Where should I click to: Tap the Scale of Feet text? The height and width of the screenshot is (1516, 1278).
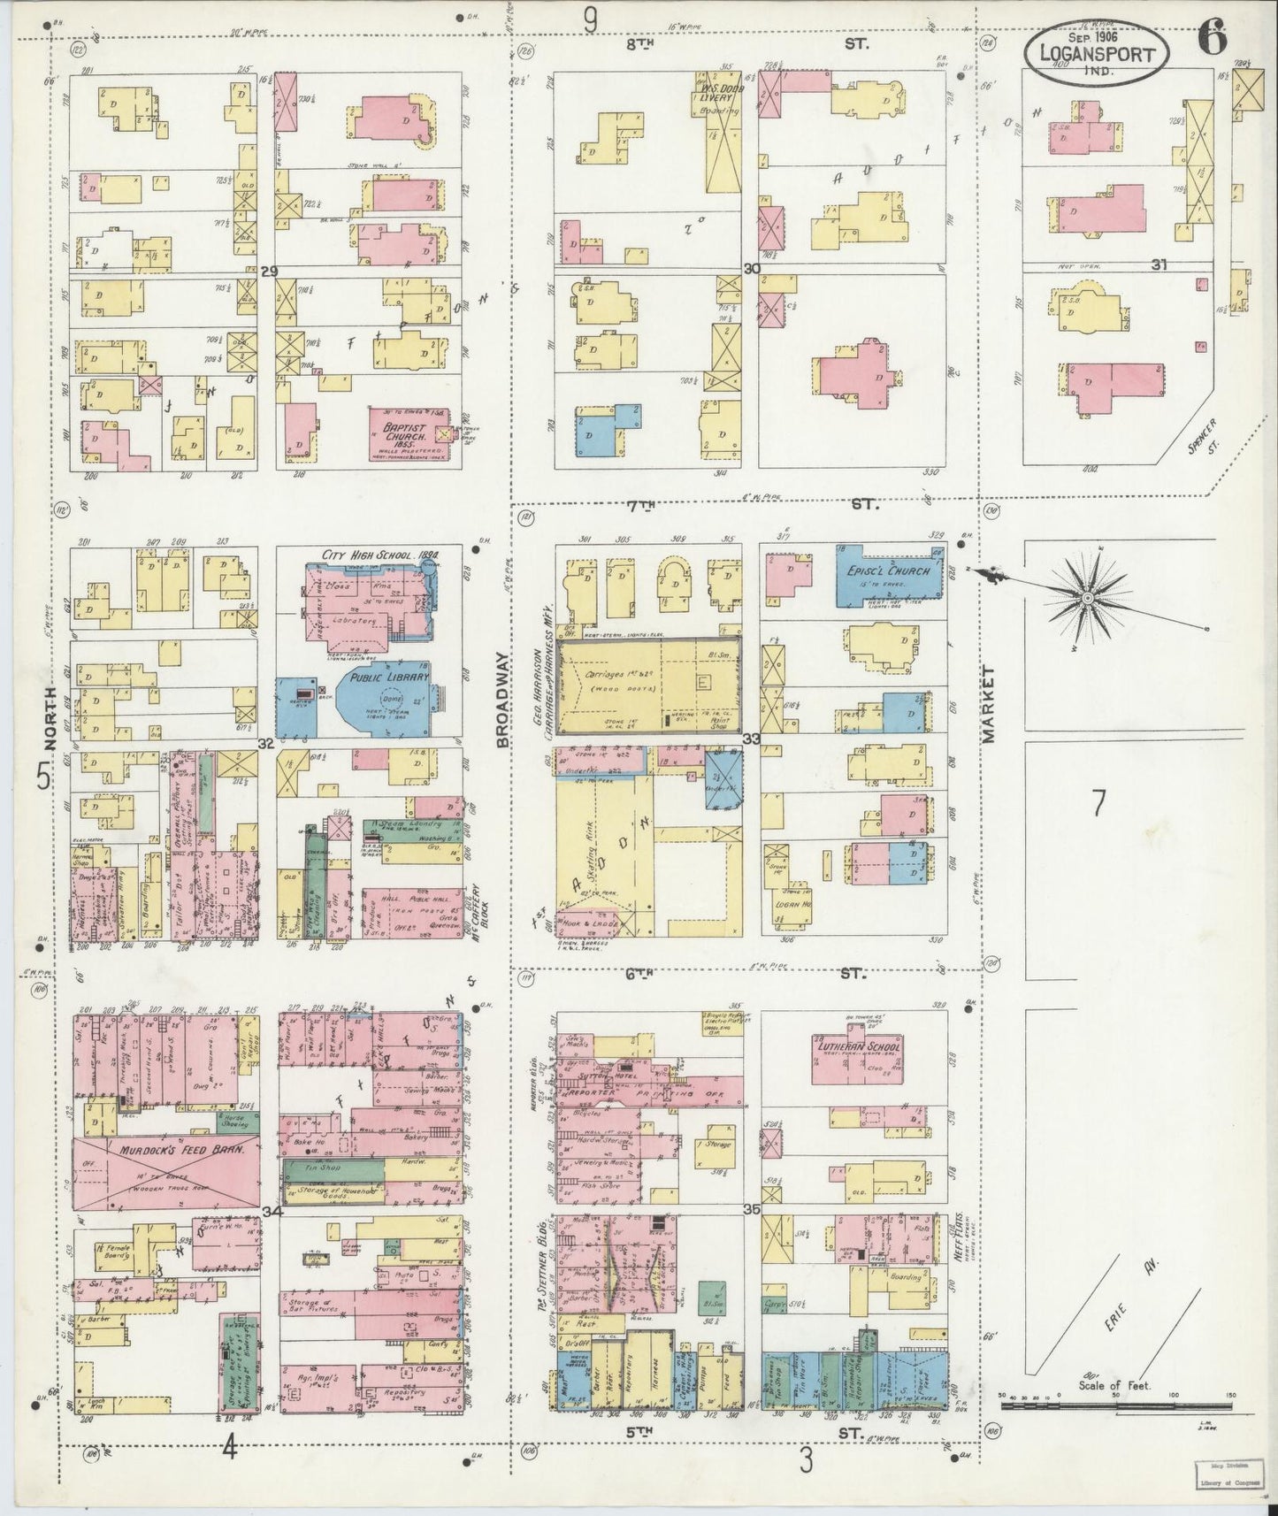pos(1113,1410)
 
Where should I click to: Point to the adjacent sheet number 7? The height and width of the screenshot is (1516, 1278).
pos(1098,803)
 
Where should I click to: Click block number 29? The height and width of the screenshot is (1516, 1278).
pos(270,272)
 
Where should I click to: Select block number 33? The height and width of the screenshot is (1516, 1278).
pos(752,739)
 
